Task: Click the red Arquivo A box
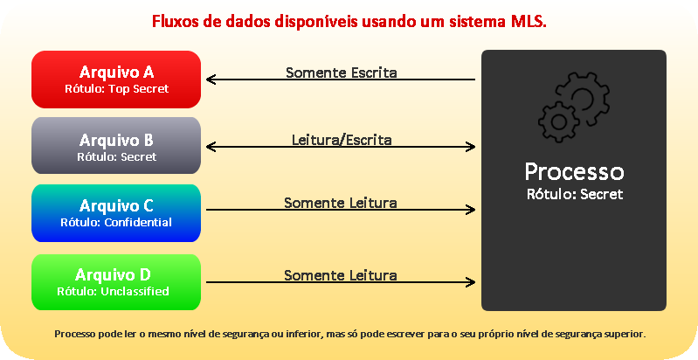tap(116, 80)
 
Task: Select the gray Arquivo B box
tap(116, 146)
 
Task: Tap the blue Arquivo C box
tap(116, 213)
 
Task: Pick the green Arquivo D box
tap(116, 282)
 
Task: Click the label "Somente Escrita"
tap(341, 73)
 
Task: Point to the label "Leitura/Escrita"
tap(342, 140)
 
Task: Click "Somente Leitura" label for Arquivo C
tap(341, 203)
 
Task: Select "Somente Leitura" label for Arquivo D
tap(341, 275)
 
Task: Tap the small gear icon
tap(559, 121)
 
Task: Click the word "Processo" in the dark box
tap(574, 172)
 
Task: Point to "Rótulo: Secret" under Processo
tap(575, 195)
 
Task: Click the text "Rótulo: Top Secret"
tap(117, 88)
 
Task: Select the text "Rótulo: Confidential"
tap(116, 222)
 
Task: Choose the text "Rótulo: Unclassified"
tap(113, 292)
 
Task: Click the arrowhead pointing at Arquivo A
tap(211, 80)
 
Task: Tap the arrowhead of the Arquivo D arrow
tap(471, 282)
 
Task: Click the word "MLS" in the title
tap(529, 21)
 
